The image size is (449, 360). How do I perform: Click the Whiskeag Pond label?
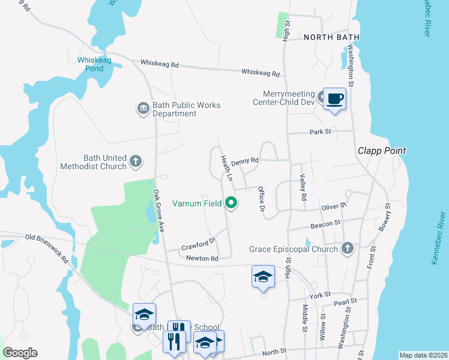coord(90,64)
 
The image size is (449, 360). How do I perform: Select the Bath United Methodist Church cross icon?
coord(136,161)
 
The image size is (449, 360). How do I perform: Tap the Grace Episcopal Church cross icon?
coord(347,248)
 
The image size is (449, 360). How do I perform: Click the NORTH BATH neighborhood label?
coord(331,37)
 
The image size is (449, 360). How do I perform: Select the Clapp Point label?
coord(382,151)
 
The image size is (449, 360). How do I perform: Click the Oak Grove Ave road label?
coord(159,211)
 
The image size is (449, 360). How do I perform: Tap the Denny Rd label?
coord(244,161)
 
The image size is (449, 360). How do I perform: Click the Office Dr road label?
coord(261,199)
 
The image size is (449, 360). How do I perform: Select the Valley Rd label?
coord(303,188)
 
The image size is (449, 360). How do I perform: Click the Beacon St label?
coord(326,223)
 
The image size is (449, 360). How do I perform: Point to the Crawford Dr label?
coord(198,245)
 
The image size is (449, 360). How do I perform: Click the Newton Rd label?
coord(202,259)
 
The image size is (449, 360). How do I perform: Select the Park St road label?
coord(321,132)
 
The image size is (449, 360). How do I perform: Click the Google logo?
coord(20,353)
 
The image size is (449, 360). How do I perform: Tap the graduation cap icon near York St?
coord(263,277)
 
